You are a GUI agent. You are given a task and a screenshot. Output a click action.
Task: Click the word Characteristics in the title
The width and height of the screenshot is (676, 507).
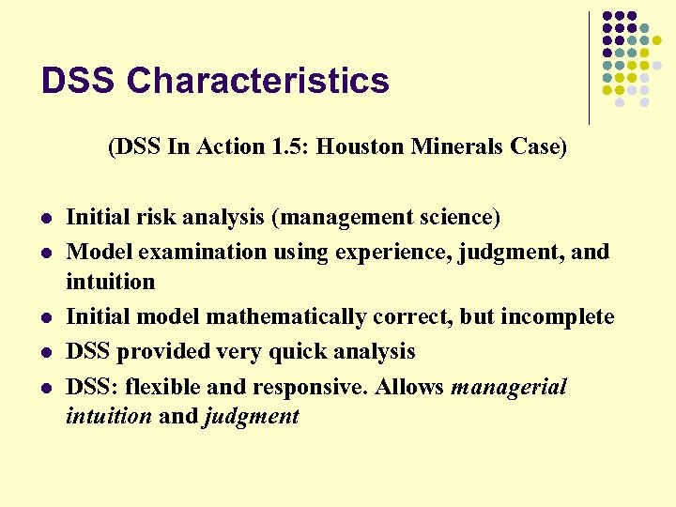click(258, 82)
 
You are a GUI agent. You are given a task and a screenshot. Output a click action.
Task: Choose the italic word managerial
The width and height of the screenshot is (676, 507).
click(509, 387)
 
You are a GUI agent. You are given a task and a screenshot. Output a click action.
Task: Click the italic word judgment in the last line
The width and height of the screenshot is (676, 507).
click(251, 417)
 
